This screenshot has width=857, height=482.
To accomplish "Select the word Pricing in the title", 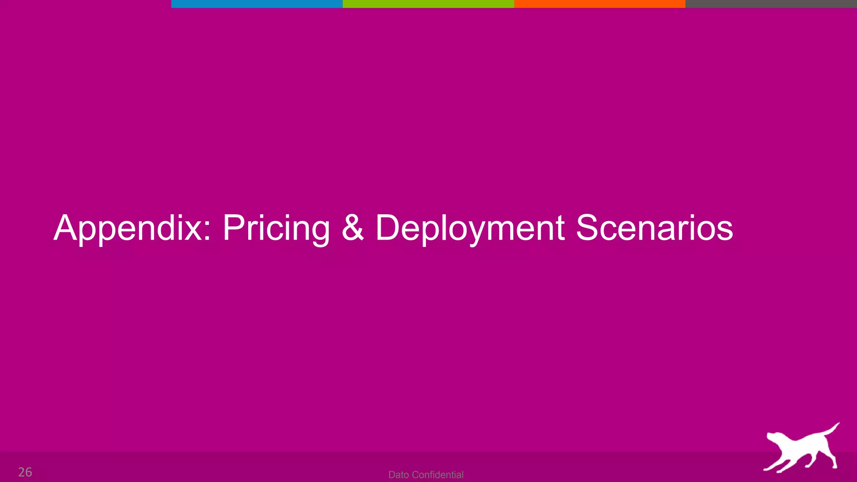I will pos(276,228).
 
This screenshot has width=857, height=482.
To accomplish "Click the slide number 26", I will pos(25,472).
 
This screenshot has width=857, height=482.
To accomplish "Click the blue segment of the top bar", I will pos(257,4).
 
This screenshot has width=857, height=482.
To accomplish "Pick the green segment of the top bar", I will pos(428,4).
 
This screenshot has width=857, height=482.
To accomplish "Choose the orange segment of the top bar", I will pos(600,4).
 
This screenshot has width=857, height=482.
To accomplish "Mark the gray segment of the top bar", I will pos(771,4).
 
